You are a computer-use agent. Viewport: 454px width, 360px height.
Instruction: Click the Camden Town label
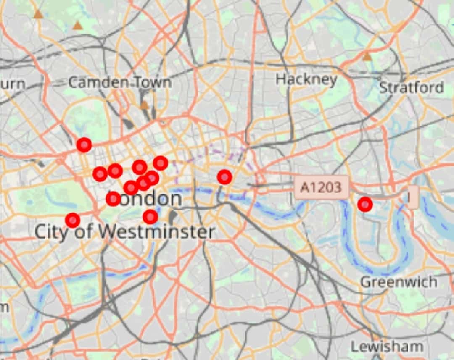pyautogui.click(x=120, y=82)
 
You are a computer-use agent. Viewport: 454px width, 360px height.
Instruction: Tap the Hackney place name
pyautogui.click(x=306, y=79)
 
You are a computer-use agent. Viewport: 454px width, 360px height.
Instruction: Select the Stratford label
pyautogui.click(x=412, y=87)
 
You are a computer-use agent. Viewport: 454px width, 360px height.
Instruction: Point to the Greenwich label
pyautogui.click(x=399, y=282)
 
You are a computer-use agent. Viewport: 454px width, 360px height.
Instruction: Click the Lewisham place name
pyautogui.click(x=387, y=347)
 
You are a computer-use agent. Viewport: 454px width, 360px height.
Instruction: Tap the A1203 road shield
pyautogui.click(x=322, y=187)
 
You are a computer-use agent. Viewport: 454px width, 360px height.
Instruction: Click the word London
pyautogui.click(x=147, y=199)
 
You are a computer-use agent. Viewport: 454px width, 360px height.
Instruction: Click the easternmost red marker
pyautogui.click(x=365, y=204)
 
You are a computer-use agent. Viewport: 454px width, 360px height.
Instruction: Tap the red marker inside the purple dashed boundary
pyautogui.click(x=224, y=177)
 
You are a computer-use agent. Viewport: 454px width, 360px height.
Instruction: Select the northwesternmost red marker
pyautogui.click(x=84, y=145)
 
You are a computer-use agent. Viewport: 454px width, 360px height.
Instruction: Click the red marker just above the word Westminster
pyautogui.click(x=150, y=217)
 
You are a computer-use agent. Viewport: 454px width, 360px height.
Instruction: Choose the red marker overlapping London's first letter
pyautogui.click(x=113, y=198)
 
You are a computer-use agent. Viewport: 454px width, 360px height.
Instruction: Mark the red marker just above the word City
pyautogui.click(x=73, y=220)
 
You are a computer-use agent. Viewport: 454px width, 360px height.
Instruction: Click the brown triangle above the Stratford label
pyautogui.click(x=367, y=57)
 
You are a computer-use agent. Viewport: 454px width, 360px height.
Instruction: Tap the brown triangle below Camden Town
pyautogui.click(x=145, y=105)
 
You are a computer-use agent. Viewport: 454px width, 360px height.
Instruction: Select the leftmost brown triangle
pyautogui.click(x=39, y=15)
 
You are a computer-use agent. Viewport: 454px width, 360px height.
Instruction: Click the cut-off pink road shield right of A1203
pyautogui.click(x=413, y=197)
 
